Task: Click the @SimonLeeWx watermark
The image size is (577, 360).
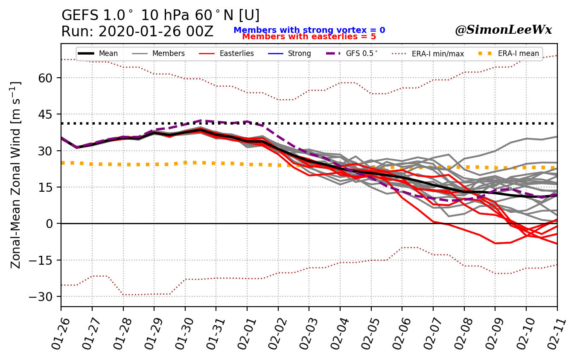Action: (503, 30)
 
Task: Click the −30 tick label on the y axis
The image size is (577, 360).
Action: (45, 296)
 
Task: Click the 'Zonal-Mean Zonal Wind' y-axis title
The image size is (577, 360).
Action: (16, 175)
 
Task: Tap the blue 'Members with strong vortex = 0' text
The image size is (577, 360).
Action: (309, 30)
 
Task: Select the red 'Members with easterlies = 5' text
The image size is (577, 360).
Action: (309, 37)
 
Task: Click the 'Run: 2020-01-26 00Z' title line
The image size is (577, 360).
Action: (137, 32)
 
